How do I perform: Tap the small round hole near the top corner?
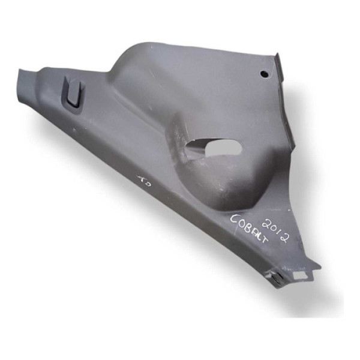(263, 74)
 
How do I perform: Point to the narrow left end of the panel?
(24, 78)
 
